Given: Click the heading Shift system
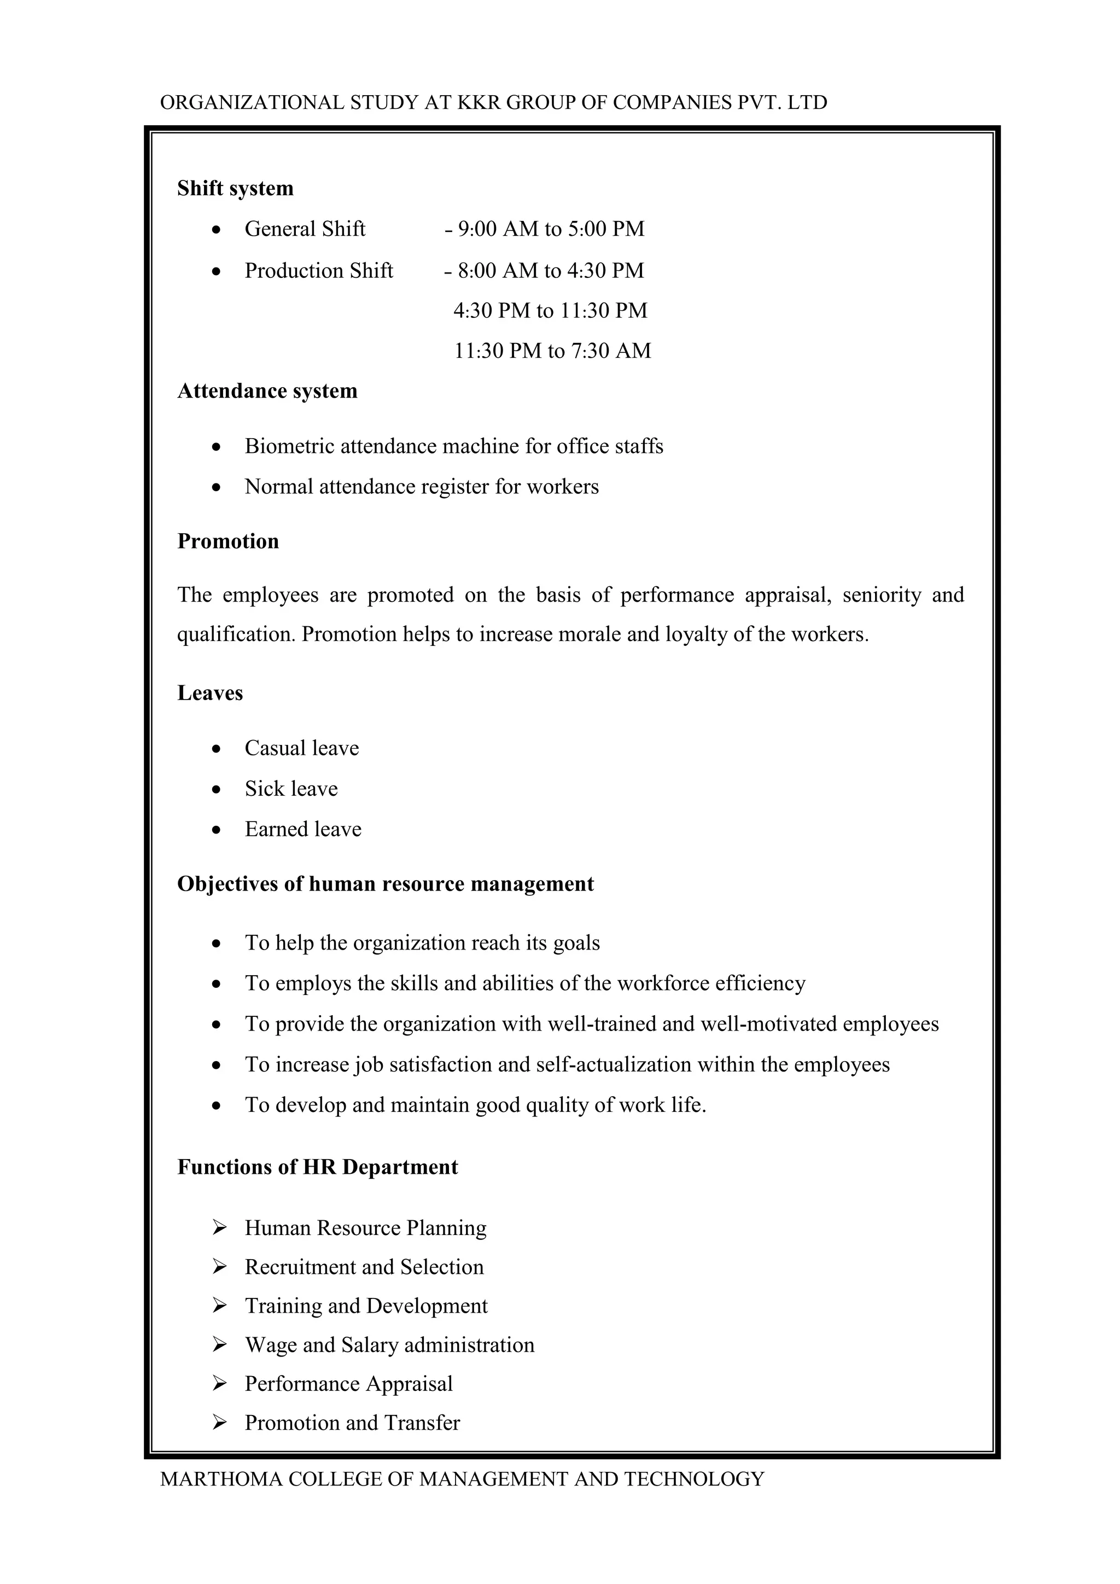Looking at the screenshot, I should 235,188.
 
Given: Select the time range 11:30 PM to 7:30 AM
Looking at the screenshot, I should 552,351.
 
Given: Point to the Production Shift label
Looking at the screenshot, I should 319,270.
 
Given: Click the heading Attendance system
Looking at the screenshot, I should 267,391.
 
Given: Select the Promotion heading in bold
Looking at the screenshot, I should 228,541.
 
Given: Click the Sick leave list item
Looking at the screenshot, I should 291,789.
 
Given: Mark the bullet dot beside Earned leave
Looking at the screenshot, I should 217,830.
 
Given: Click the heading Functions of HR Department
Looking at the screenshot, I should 317,1167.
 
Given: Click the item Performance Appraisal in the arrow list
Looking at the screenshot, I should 348,1383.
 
